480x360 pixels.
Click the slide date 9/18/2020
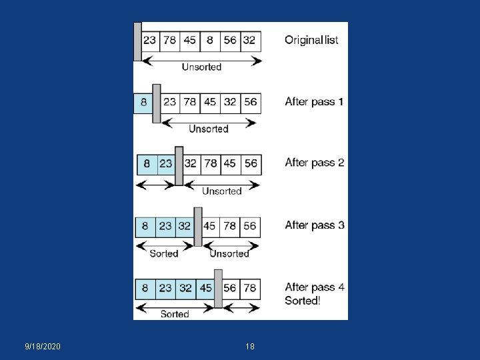point(42,347)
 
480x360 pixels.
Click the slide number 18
point(250,347)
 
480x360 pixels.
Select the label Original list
point(311,40)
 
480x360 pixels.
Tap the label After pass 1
point(314,102)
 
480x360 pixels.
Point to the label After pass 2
point(314,163)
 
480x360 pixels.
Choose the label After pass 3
point(314,225)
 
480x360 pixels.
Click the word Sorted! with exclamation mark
point(302,301)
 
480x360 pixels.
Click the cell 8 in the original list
point(210,40)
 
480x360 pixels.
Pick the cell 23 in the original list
point(149,40)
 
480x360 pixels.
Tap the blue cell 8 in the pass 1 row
point(143,103)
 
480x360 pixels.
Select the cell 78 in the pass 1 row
point(189,103)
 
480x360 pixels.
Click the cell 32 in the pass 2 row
point(191,164)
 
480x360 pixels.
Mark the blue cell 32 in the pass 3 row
point(185,226)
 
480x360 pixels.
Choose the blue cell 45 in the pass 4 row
point(205,288)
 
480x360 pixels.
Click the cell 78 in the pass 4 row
point(249,288)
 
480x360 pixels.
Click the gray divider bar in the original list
point(137,41)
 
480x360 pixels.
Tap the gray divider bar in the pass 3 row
point(197,227)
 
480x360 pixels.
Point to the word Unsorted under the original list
point(201,67)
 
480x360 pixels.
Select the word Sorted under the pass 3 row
point(164,253)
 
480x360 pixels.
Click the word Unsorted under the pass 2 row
point(221,191)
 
